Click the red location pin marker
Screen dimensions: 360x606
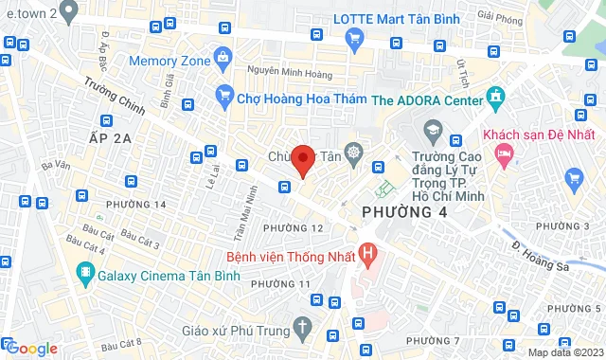303,159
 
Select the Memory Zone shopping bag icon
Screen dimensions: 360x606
223,57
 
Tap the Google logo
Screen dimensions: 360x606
31,348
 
